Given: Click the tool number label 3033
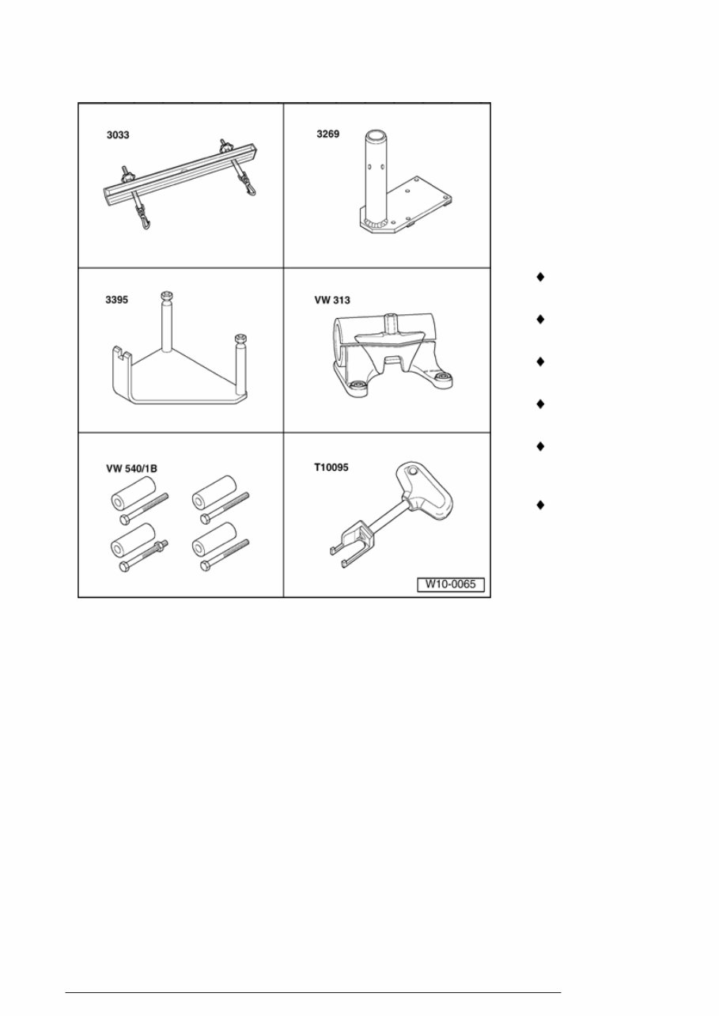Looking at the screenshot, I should [x=118, y=135].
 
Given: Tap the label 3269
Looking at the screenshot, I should [x=327, y=134].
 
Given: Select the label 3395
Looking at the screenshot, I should [x=118, y=301].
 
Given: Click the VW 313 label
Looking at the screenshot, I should [x=333, y=301].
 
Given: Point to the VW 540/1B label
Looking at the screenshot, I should [x=132, y=468].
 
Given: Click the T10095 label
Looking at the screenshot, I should [x=331, y=467].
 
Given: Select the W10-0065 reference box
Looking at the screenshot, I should [x=451, y=586].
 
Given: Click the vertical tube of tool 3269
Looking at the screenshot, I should [x=374, y=170].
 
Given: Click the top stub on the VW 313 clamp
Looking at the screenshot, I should [x=388, y=324].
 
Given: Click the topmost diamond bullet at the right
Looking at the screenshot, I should [x=540, y=277].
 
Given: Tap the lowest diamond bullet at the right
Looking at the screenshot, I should [x=540, y=503].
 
